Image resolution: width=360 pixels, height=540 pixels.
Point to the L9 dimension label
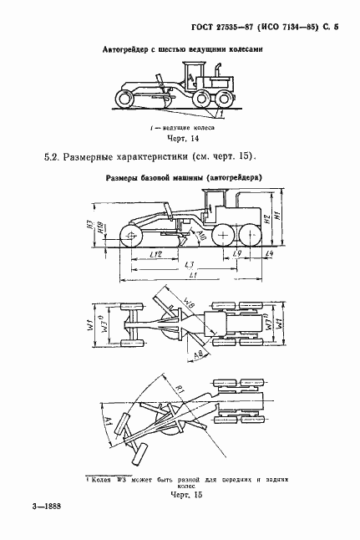[x=238, y=252]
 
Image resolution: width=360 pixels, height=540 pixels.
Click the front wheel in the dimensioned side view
[x=132, y=234]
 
